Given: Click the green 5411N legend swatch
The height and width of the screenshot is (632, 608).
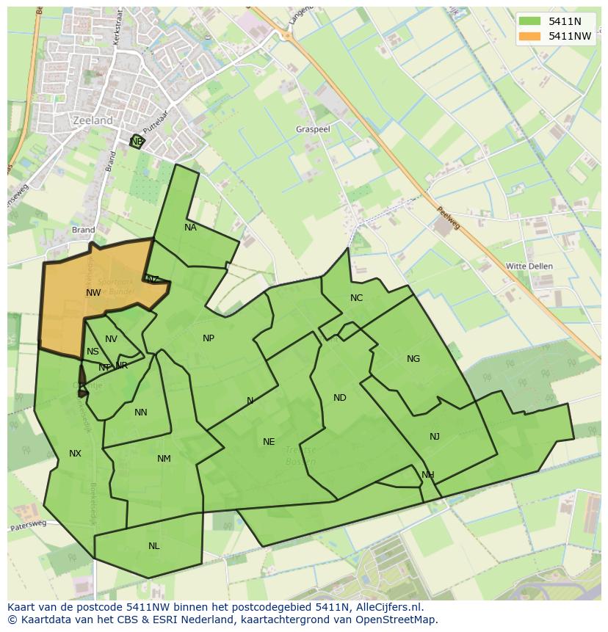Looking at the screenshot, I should coord(529,21).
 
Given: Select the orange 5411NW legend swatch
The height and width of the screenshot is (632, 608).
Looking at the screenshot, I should coord(529,35).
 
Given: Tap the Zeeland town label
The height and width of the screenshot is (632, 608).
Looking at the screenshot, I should coord(93,120).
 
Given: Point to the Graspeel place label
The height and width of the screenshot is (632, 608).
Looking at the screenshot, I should coord(313,128).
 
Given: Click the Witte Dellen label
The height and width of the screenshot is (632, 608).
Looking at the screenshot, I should coord(529,266).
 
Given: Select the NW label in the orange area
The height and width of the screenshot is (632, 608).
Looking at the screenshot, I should coord(93,292).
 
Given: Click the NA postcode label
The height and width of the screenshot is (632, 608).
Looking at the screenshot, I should coord(190,228).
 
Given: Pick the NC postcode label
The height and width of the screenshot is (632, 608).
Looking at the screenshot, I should coord(356,297).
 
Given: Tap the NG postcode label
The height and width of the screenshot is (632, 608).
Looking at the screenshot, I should coord(413,359).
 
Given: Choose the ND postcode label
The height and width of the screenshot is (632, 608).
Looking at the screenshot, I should coord(339,398).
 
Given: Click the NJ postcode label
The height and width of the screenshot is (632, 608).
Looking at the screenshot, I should coord(435,437).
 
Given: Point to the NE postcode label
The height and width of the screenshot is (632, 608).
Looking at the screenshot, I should coord(269,442).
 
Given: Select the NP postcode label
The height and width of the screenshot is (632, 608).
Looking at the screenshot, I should coord(209,338).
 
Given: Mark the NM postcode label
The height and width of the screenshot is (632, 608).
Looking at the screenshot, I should coord(164,459).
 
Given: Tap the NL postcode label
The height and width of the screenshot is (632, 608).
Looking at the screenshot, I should coord(153,546).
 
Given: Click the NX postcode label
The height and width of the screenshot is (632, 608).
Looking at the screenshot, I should coord(75,454).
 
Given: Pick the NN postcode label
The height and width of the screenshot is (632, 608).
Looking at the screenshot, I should coord(141,413).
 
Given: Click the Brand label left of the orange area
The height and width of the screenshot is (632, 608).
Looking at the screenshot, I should coord(84,230).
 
